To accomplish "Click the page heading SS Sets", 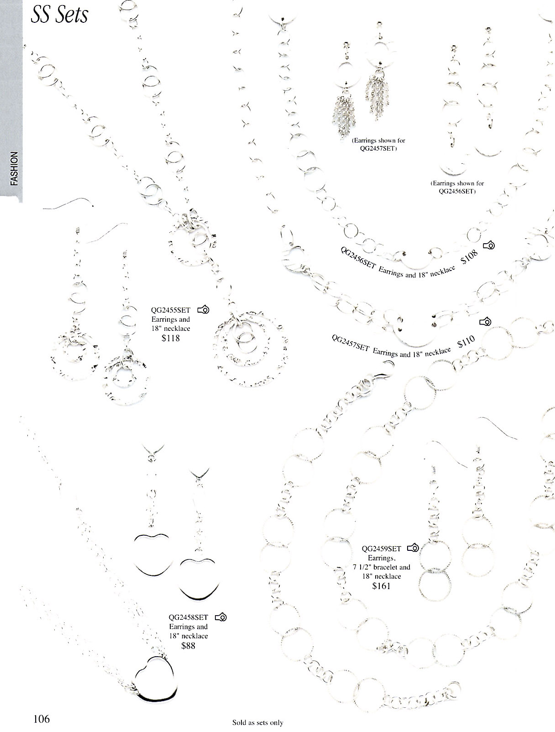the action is [x=59, y=15].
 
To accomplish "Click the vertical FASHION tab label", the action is [x=14, y=169].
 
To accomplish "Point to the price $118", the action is [x=170, y=338].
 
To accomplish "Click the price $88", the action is [x=188, y=646].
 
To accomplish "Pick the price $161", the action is [x=381, y=586].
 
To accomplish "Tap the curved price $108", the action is [x=470, y=257].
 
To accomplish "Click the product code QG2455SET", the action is [x=170, y=310].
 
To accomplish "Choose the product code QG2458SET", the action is [x=188, y=617].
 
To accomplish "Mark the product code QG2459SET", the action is [x=381, y=549].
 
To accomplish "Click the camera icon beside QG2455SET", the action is [x=204, y=310].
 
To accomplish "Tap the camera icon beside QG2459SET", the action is [x=413, y=548].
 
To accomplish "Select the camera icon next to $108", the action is [x=489, y=246].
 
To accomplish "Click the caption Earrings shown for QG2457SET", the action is [x=378, y=144].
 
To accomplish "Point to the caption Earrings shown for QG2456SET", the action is [x=456, y=187].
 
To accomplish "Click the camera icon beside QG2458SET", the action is [x=221, y=617].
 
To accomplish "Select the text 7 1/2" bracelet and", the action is [x=381, y=567].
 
